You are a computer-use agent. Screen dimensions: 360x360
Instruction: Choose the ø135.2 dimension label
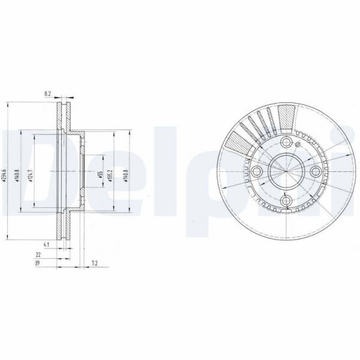(110, 173)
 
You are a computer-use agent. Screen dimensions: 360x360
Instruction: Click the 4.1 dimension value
(46, 244)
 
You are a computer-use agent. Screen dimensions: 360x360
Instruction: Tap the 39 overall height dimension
(38, 263)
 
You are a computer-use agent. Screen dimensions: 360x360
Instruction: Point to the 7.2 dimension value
(95, 263)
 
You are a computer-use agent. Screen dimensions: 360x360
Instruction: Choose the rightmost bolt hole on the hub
(316, 173)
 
